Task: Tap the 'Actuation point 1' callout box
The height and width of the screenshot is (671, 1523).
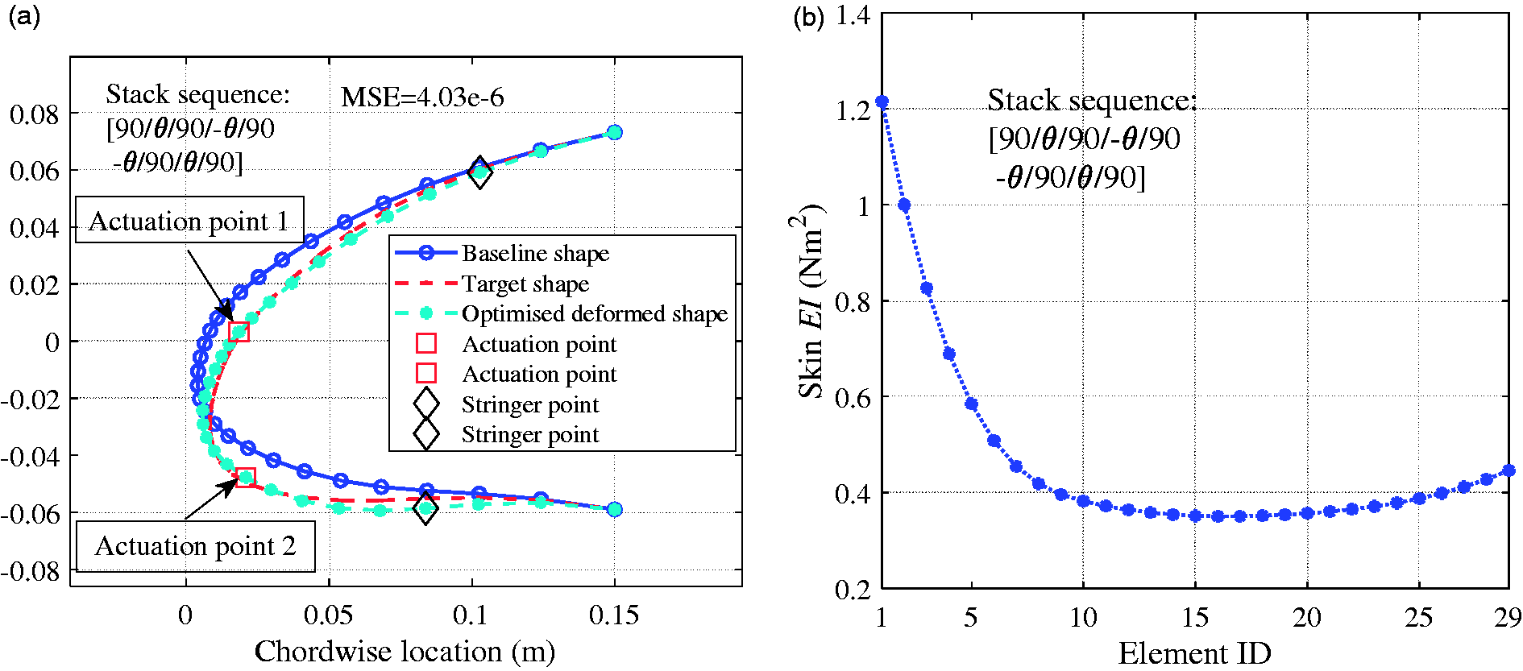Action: click(189, 220)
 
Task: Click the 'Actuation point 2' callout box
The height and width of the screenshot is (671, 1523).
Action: click(195, 546)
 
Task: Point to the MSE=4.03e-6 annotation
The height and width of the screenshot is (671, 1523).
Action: click(422, 97)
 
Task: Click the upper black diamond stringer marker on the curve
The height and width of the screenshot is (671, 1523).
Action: click(479, 172)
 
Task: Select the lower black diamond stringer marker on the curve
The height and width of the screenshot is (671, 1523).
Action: click(425, 508)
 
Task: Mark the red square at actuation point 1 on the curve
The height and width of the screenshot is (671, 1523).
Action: click(239, 331)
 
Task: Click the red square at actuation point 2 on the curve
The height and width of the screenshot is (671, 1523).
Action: click(246, 478)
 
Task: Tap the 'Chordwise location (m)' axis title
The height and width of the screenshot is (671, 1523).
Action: click(405, 651)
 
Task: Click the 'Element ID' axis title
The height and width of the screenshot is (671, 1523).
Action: click(1194, 653)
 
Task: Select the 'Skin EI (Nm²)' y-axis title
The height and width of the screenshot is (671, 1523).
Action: click(811, 301)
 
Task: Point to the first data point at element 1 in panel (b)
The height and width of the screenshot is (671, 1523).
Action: click(882, 102)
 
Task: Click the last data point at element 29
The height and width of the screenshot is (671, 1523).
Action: click(1508, 470)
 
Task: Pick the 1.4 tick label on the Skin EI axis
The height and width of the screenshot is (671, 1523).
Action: click(853, 15)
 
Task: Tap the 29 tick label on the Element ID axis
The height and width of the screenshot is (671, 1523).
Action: click(1507, 618)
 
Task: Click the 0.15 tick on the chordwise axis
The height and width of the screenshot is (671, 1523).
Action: click(614, 615)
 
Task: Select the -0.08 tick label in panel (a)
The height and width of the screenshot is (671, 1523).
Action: click(31, 571)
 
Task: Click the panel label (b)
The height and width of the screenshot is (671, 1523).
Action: click(809, 18)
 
